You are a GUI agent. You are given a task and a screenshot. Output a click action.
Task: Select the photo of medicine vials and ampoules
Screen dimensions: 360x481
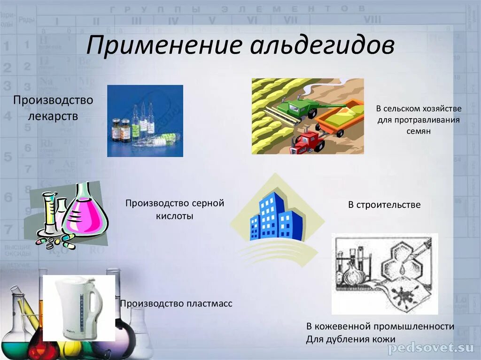pyautogui.click(x=145, y=121)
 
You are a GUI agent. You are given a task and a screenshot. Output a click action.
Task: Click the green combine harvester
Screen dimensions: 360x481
pyautogui.click(x=296, y=107)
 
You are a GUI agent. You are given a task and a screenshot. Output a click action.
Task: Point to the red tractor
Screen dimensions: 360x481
pyautogui.click(x=308, y=141)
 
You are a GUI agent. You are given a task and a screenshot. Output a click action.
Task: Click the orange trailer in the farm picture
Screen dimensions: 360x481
pyautogui.click(x=340, y=117)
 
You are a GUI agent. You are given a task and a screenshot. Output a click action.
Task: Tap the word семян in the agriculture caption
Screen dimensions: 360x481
pyautogui.click(x=419, y=131)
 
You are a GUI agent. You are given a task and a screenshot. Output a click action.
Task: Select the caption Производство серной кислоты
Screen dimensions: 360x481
pyautogui.click(x=175, y=209)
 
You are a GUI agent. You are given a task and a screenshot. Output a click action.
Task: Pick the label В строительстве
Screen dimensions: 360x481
pyautogui.click(x=384, y=205)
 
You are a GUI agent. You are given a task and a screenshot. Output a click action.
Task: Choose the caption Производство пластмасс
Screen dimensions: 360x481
pyautogui.click(x=176, y=304)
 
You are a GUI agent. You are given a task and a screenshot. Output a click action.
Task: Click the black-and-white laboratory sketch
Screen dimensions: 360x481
pyautogui.click(x=385, y=274)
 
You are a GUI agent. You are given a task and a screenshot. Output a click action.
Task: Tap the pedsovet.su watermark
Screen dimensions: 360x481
pyautogui.click(x=431, y=348)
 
